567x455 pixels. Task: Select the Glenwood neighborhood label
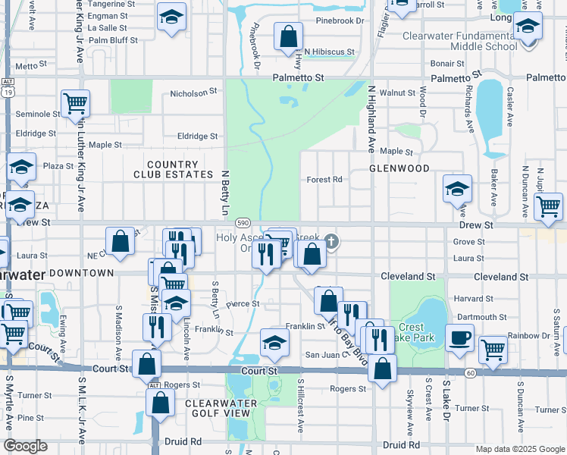(x=399, y=168)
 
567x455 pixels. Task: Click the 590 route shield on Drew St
(x=243, y=223)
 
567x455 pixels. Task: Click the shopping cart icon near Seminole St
(x=76, y=102)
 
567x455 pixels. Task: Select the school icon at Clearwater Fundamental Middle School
(x=527, y=27)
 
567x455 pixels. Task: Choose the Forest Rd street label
(x=324, y=180)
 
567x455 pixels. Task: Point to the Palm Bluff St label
(x=113, y=40)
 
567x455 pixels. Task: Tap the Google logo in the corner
(x=25, y=446)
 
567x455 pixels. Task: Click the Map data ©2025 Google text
(x=519, y=449)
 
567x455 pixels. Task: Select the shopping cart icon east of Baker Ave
(x=548, y=206)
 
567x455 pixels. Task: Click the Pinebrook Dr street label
(x=255, y=49)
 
